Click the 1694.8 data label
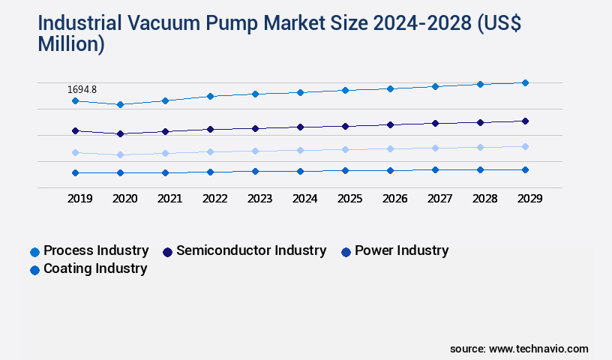[x=82, y=89]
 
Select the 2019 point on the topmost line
[x=75, y=100]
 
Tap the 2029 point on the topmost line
[x=525, y=82]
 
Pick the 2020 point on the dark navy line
[x=120, y=133]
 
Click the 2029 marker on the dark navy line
[x=525, y=121]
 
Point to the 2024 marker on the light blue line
[x=300, y=150]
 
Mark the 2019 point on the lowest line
[x=75, y=172]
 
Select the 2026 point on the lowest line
[x=390, y=170]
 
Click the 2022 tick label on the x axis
[x=214, y=199]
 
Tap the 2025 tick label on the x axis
[x=349, y=199]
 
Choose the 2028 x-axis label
[x=484, y=199]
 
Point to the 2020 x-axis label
[x=124, y=199]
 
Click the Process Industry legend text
[x=96, y=250]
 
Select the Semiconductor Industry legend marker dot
[x=168, y=252]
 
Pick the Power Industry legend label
[x=401, y=250]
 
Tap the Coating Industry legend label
[x=95, y=268]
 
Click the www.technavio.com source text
[x=538, y=349]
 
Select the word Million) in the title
[x=71, y=44]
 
